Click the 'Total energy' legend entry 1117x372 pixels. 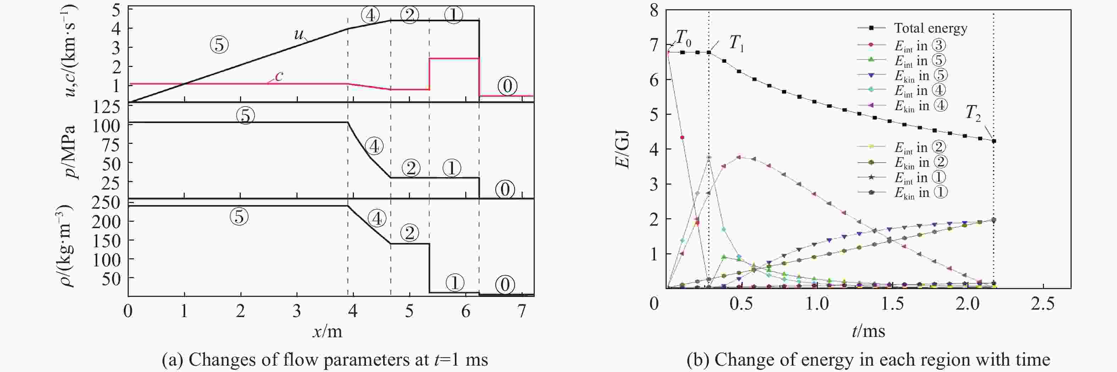pyautogui.click(x=930, y=28)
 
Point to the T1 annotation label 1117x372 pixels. pyautogui.click(x=736, y=43)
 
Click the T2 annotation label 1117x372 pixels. pyautogui.click(x=973, y=113)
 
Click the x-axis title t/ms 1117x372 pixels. pyautogui.click(x=868, y=331)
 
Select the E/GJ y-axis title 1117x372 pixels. pyautogui.click(x=623, y=150)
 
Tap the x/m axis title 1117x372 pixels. pyautogui.click(x=327, y=332)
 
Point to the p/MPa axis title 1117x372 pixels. pyautogui.click(x=68, y=152)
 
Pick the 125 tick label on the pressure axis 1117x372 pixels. pyautogui.click(x=106, y=107)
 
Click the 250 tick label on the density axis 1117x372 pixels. pyautogui.click(x=106, y=203)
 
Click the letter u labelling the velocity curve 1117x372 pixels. pyautogui.click(x=299, y=34)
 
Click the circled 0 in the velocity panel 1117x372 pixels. pyautogui.click(x=507, y=86)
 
